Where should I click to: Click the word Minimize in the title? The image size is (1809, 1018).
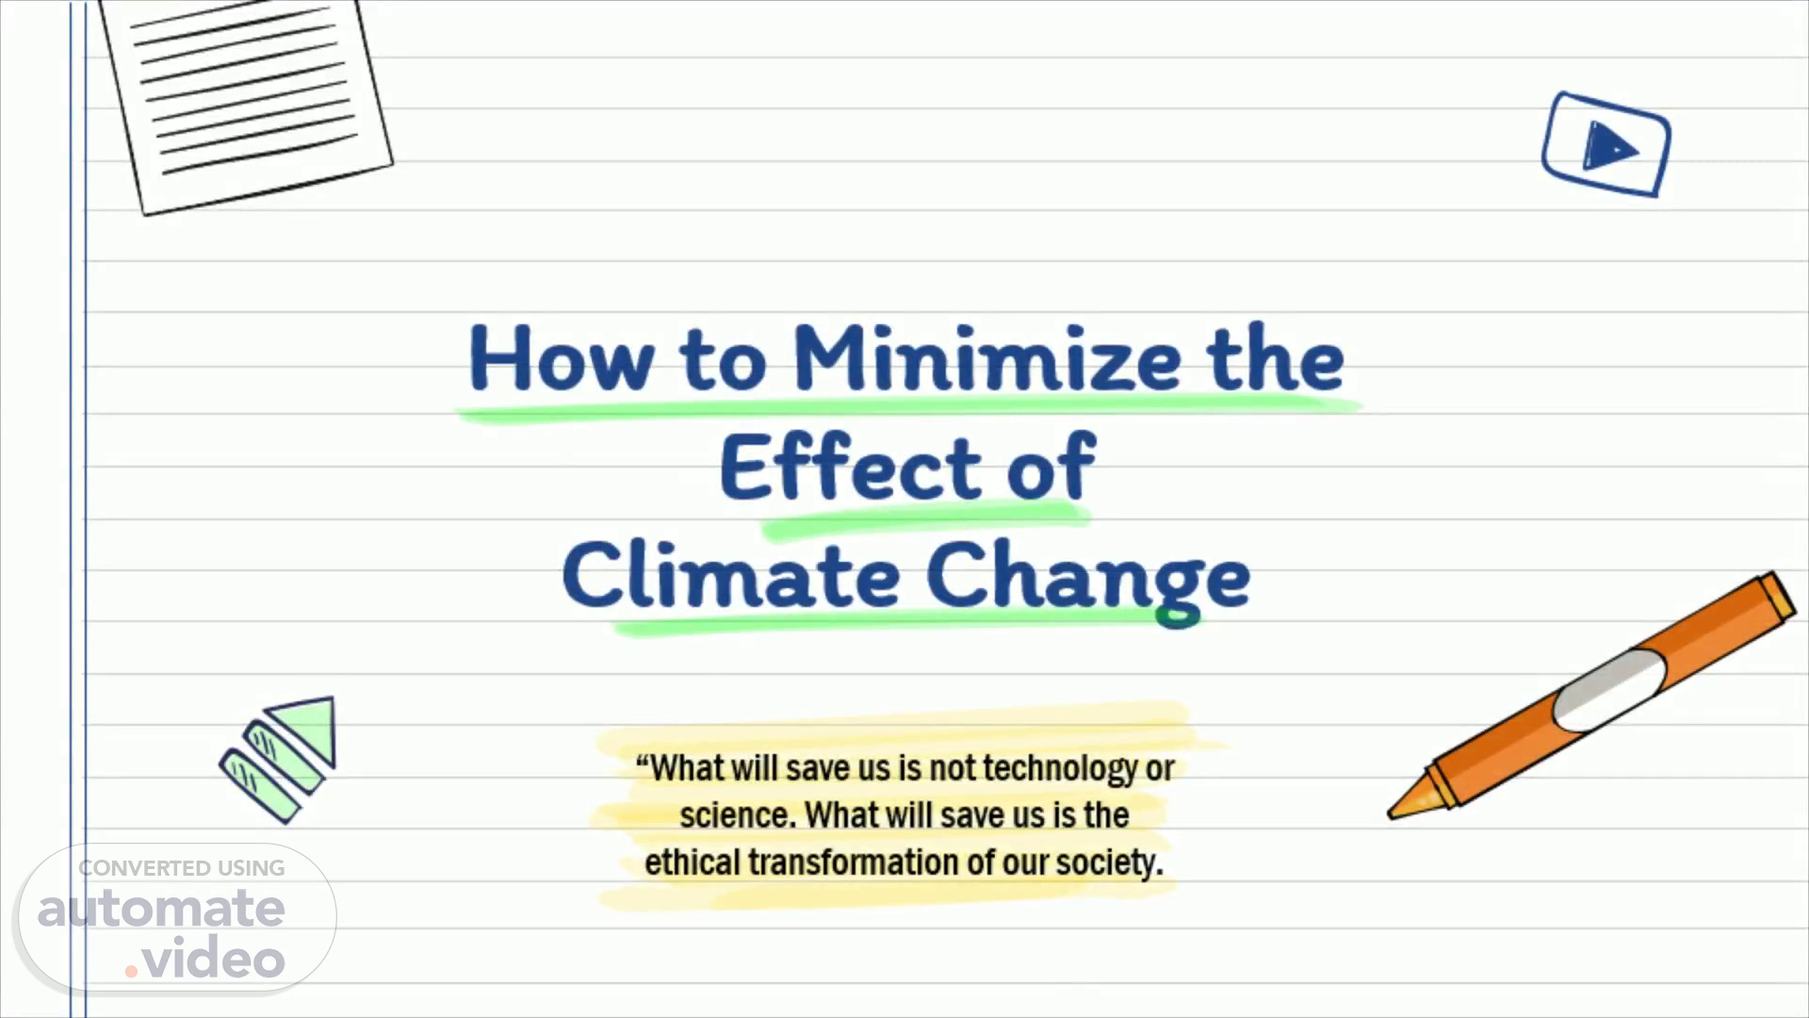point(986,358)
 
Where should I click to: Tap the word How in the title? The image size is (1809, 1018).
point(561,358)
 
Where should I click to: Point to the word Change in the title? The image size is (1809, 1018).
point(1088,580)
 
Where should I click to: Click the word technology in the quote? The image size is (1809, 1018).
point(1060,769)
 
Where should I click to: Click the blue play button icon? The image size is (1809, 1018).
point(1606,144)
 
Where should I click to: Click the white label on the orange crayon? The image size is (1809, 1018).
point(1609,689)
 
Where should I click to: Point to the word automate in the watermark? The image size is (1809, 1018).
point(161,909)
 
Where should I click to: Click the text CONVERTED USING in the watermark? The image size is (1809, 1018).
point(181,868)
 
